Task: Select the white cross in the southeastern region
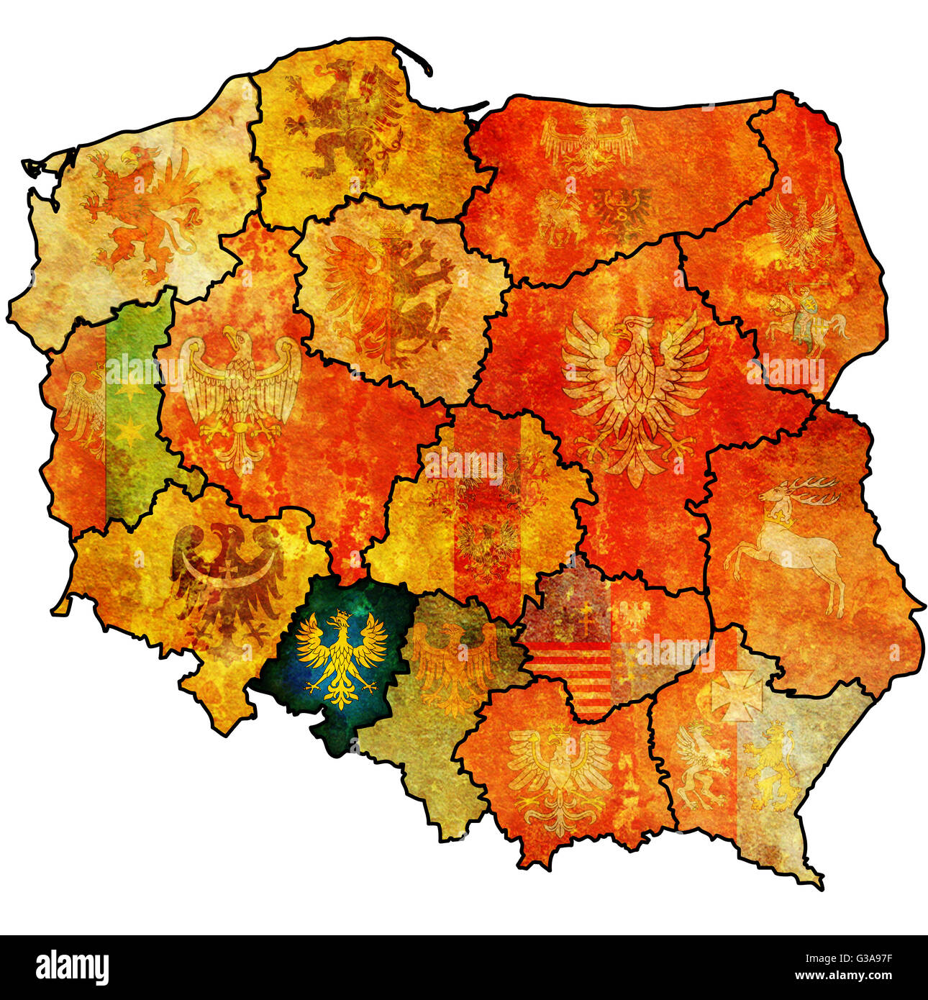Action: (x=736, y=695)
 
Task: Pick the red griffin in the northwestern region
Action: (x=140, y=212)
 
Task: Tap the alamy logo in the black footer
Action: (x=72, y=968)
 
